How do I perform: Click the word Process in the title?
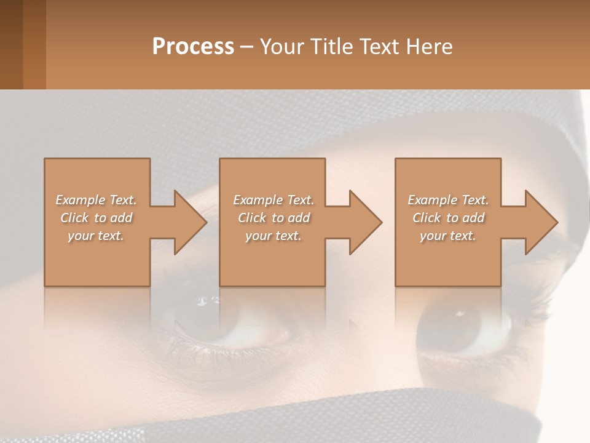coord(193,47)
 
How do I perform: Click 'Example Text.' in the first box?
coord(96,200)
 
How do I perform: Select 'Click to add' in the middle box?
coord(273,218)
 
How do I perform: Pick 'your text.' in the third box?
coord(448,236)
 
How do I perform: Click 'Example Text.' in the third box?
coord(448,200)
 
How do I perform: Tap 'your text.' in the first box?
coord(96,236)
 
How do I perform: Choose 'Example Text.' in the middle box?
coord(273,200)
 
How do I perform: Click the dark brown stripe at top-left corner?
coord(11,44)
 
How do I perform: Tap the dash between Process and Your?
coord(247,47)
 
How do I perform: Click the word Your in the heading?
coord(282,47)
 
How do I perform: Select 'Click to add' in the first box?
coord(96,218)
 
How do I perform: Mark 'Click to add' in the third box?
coord(448,218)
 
